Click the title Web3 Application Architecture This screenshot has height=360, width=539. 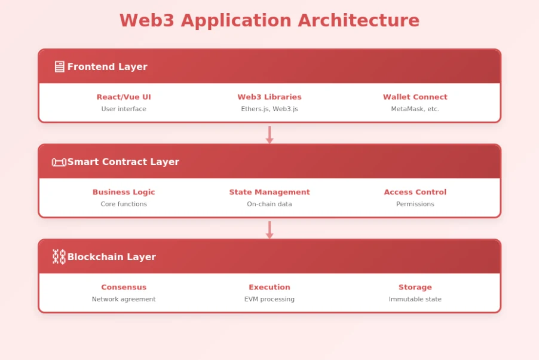269,20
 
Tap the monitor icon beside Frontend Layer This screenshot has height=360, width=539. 59,67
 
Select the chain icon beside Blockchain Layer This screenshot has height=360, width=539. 59,257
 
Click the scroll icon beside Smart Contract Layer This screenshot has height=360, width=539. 59,162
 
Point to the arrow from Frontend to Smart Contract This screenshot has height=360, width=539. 269,135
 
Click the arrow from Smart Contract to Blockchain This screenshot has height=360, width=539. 269,230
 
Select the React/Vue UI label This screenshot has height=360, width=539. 124,97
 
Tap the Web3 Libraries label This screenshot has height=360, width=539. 269,97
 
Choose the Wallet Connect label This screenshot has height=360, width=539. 415,97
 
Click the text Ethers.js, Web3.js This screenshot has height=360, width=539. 269,109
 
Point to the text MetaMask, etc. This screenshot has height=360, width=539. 415,109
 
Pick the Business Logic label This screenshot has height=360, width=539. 124,192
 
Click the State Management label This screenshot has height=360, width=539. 269,192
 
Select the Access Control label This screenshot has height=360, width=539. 415,192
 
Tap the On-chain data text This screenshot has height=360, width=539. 269,205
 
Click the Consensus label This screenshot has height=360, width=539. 124,287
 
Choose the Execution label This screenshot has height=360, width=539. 269,287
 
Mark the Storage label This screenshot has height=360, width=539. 415,287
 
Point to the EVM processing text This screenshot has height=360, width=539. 269,300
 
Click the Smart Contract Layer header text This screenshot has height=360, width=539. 123,162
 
